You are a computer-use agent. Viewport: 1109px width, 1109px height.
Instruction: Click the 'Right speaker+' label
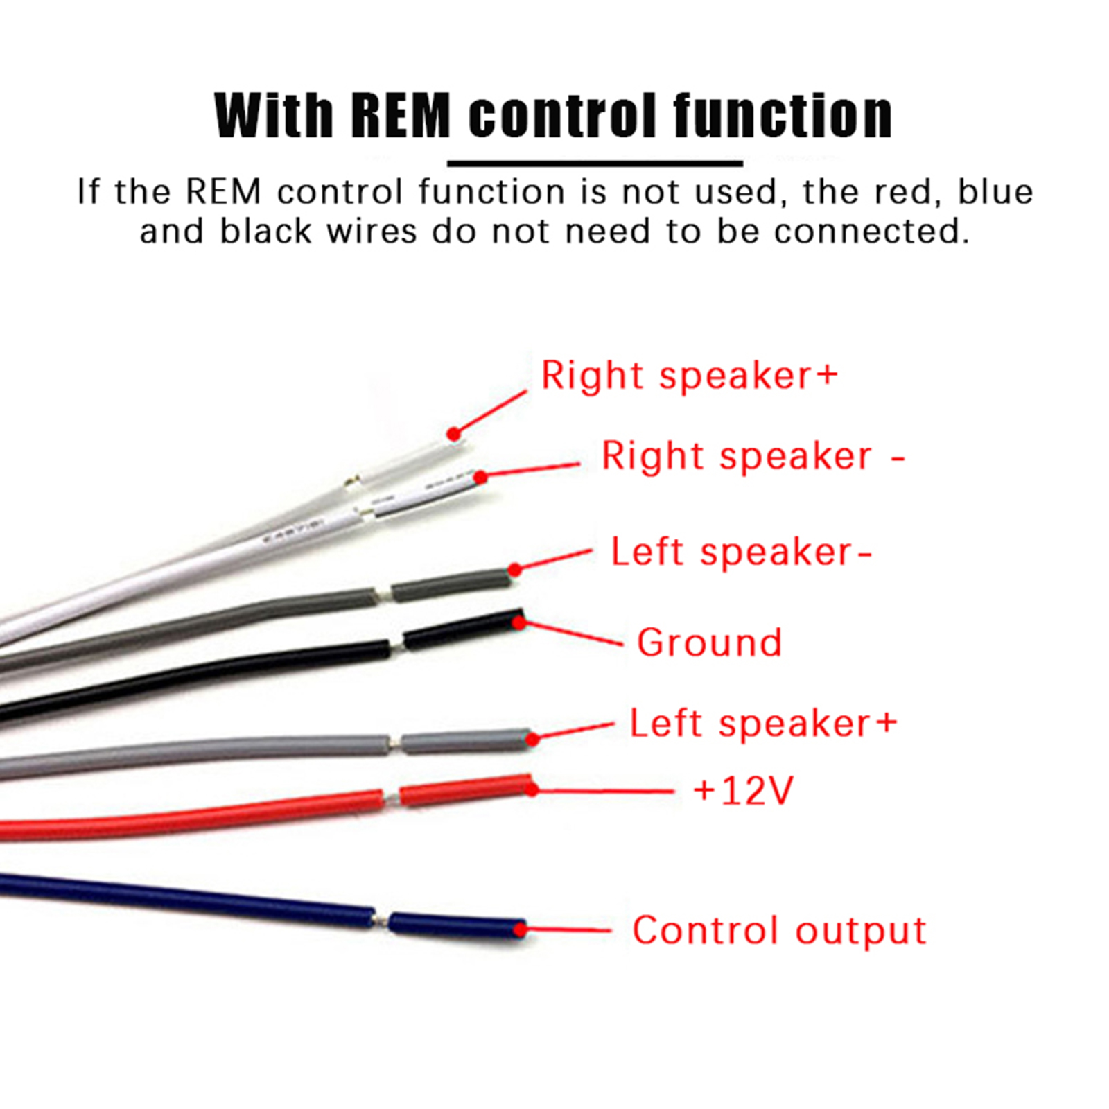click(x=689, y=376)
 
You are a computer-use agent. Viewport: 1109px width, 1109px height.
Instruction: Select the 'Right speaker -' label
click(x=753, y=457)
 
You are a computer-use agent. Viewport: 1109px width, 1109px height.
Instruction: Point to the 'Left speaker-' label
click(x=741, y=552)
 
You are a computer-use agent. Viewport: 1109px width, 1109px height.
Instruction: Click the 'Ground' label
click(x=709, y=643)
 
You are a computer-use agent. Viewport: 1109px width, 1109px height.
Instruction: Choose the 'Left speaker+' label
click(x=763, y=724)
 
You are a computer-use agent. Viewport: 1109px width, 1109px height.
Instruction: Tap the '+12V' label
click(x=743, y=790)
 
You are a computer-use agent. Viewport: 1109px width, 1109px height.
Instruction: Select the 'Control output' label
click(x=779, y=930)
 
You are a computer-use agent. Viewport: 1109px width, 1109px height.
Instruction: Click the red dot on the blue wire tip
click(x=520, y=929)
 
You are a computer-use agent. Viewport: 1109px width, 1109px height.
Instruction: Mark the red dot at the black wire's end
click(x=518, y=622)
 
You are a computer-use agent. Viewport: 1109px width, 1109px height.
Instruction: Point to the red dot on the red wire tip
click(x=532, y=789)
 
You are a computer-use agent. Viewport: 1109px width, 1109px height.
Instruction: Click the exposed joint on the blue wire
click(x=382, y=920)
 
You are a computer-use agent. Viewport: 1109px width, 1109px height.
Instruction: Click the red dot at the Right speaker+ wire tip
click(x=453, y=434)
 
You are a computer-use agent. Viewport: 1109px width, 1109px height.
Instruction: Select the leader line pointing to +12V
click(x=603, y=790)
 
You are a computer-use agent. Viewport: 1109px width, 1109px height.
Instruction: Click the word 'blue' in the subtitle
click(x=995, y=192)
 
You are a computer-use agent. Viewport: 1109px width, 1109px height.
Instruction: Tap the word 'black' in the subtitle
click(x=265, y=232)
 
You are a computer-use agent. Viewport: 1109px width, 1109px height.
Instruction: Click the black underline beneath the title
click(x=595, y=164)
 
